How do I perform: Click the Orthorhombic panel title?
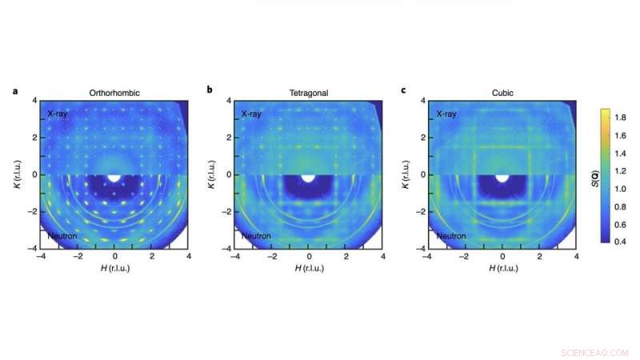pyautogui.click(x=114, y=94)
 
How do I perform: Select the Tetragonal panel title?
pyautogui.click(x=309, y=94)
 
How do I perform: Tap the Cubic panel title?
pyautogui.click(x=503, y=94)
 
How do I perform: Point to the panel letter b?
pyautogui.click(x=210, y=90)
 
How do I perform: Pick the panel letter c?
pyautogui.click(x=404, y=90)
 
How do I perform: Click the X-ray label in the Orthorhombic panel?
pyautogui.click(x=58, y=114)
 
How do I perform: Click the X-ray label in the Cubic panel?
pyautogui.click(x=446, y=114)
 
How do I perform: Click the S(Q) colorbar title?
pyautogui.click(x=632, y=188)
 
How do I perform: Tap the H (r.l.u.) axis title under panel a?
pyautogui.click(x=114, y=267)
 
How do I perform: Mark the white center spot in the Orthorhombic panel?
pyautogui.click(x=114, y=174)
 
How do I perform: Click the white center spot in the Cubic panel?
pyautogui.click(x=503, y=174)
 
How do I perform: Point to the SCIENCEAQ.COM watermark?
pyautogui.click(x=596, y=350)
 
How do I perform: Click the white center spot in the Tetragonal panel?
pyautogui.click(x=309, y=174)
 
